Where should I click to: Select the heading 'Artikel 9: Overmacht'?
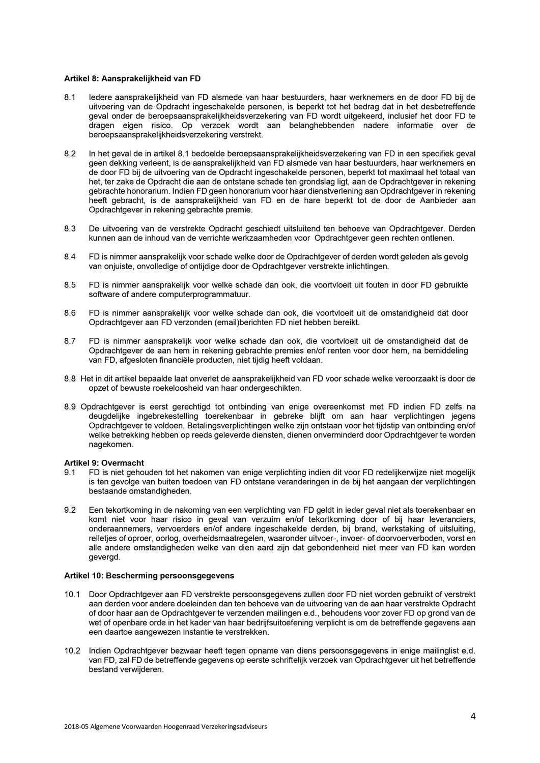pos(104,463)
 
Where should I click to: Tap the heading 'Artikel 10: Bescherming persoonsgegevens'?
pos(149,575)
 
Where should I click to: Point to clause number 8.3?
pos(70,229)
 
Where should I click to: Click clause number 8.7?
pos(70,341)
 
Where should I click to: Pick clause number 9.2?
pos(70,510)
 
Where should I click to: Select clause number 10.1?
pos(72,594)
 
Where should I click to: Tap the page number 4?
pos(473,717)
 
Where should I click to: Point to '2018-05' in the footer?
pos(75,727)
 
